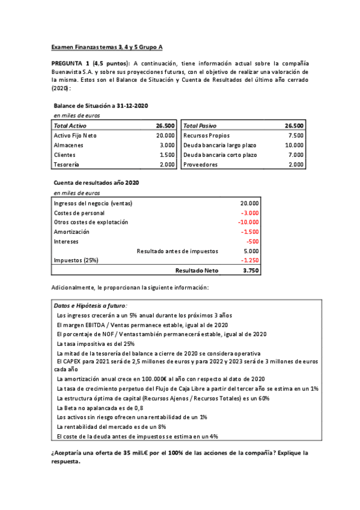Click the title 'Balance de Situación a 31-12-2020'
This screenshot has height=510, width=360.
pyautogui.click(x=100, y=106)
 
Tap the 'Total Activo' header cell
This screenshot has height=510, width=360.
pyautogui.click(x=70, y=126)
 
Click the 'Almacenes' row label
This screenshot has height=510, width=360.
pyautogui.click(x=67, y=145)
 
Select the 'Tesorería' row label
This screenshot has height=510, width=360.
pyautogui.click(x=66, y=164)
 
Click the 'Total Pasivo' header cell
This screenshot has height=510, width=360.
pyautogui.click(x=200, y=126)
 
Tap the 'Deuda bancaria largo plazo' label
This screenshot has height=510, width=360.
pyautogui.click(x=219, y=145)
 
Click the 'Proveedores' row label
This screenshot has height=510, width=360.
pyautogui.click(x=201, y=164)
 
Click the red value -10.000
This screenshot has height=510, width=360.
pyautogui.click(x=248, y=222)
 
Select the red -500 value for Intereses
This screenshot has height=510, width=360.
pyautogui.click(x=252, y=241)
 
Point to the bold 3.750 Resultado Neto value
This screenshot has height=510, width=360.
pyautogui.click(x=251, y=271)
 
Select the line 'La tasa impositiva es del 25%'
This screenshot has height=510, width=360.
pyautogui.click(x=96, y=343)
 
